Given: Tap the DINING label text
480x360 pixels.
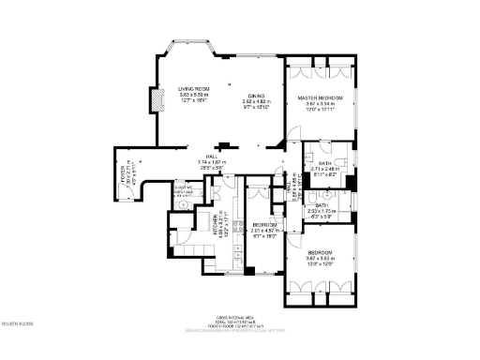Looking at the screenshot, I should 256,96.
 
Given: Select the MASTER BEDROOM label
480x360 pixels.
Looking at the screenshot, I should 321,97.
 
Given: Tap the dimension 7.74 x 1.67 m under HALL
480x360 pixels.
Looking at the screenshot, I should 212,162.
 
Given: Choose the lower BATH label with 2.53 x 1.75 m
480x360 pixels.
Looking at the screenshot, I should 321,205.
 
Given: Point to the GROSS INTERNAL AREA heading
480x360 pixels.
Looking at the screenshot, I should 239,318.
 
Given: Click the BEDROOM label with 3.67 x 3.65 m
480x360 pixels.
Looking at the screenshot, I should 321,254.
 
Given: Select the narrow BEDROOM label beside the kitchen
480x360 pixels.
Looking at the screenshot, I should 263,225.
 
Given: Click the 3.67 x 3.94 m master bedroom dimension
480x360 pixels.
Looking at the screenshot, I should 321,104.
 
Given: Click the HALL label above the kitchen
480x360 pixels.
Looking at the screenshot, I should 212,157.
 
